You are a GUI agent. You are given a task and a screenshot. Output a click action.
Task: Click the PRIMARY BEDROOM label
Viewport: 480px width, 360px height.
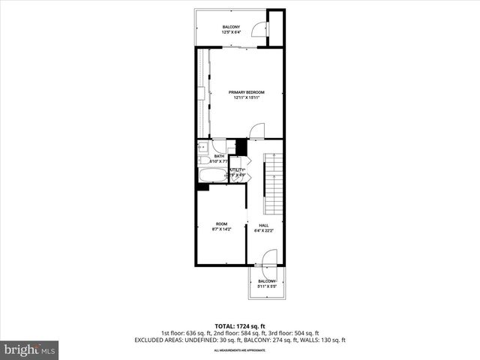247,92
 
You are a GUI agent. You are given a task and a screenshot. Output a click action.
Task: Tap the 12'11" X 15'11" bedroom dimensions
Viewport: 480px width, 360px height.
247,97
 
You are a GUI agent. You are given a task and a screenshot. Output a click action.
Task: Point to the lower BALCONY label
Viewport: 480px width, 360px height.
267,281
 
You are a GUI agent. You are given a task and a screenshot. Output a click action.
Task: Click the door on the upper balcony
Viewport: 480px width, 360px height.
258,29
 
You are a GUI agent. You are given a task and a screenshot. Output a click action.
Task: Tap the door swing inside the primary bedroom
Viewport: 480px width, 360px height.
256,130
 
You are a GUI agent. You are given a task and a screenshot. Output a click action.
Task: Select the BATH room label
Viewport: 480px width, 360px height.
219,156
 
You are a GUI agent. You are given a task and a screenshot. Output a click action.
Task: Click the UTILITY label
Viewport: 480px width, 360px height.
238,170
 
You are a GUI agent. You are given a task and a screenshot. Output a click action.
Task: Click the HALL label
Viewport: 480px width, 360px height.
264,225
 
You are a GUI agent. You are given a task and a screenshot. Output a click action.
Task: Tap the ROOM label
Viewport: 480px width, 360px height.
221,223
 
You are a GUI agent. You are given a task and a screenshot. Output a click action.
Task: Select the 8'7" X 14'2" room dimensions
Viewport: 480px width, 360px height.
221,229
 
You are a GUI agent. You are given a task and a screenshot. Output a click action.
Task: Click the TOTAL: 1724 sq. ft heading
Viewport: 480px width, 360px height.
239,325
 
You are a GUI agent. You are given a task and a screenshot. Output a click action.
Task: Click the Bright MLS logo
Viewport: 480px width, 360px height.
30,349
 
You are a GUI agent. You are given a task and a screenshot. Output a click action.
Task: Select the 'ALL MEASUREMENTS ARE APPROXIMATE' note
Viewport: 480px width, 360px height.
239,350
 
